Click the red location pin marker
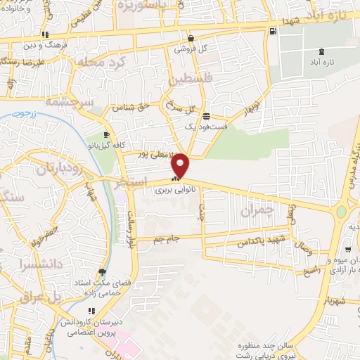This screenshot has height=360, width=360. click(x=181, y=165)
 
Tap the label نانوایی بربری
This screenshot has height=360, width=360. click(x=169, y=191)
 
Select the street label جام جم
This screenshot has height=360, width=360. click(x=168, y=240)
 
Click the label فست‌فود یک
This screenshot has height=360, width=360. click(x=206, y=127)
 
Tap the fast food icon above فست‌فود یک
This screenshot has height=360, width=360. click(x=206, y=116)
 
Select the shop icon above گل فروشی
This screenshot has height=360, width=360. click(x=191, y=38)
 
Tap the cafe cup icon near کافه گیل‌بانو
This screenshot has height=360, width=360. click(x=106, y=134)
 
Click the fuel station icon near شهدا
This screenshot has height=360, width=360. click(x=273, y=31)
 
